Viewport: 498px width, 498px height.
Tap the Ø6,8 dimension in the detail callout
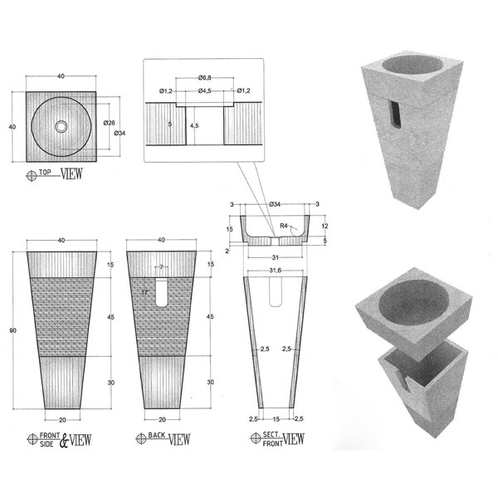203,77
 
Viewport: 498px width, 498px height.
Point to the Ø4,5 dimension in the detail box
203,90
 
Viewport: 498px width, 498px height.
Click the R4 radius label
284,225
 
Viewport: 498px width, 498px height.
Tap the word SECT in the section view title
269,433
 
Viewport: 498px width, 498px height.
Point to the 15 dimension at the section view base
275,418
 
